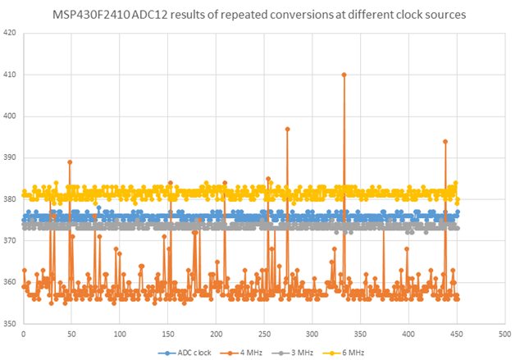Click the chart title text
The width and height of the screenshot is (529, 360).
click(264, 14)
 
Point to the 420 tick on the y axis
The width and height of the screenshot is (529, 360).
click(10, 34)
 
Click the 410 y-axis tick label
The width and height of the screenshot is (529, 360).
click(10, 75)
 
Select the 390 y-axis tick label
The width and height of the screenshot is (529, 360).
click(10, 157)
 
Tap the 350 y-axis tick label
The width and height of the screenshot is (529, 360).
click(10, 323)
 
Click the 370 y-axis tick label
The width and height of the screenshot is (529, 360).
click(10, 240)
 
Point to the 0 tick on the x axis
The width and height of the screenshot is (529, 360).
click(23, 334)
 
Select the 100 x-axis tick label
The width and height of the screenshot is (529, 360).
click(120, 334)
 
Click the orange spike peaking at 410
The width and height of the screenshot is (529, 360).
click(344, 75)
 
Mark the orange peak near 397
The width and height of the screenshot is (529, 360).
click(287, 129)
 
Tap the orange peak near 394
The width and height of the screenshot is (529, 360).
click(445, 141)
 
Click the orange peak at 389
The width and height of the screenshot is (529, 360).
click(70, 162)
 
